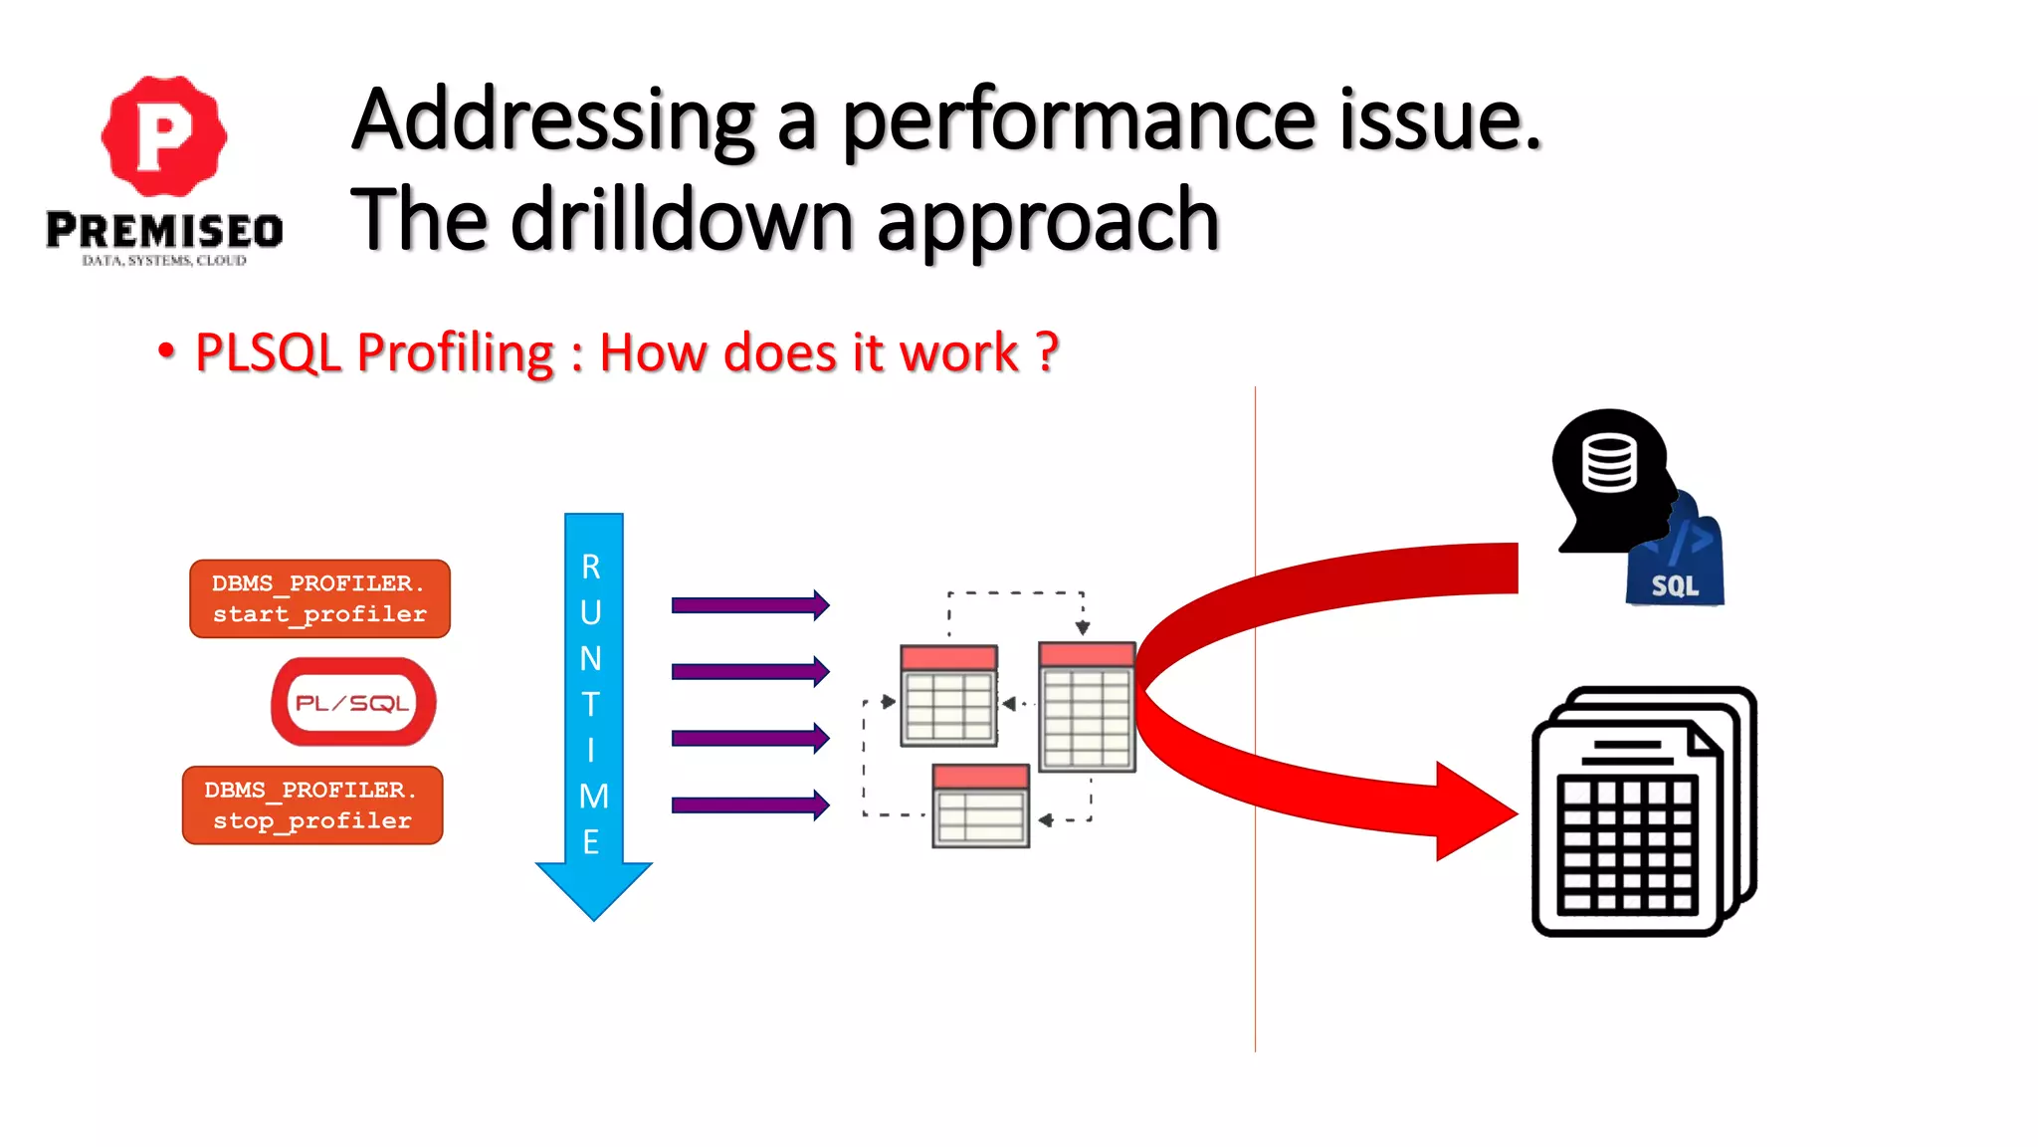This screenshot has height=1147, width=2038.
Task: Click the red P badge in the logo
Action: [x=163, y=135]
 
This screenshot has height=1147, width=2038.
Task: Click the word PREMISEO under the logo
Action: [x=164, y=231]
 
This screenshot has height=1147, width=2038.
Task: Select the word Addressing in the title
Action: [x=553, y=120]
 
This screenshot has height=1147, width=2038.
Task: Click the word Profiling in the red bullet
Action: [x=455, y=352]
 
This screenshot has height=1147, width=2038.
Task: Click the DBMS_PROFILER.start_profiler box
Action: [x=319, y=598]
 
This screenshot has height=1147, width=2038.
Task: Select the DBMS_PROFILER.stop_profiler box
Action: [x=312, y=805]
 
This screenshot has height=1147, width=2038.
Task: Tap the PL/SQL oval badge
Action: [x=353, y=702]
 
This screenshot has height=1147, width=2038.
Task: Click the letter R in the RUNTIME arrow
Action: [x=591, y=567]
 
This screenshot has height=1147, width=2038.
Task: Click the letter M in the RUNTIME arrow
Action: [x=593, y=797]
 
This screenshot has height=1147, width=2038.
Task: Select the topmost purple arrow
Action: [x=749, y=604]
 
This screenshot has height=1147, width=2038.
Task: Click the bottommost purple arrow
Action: [x=749, y=804]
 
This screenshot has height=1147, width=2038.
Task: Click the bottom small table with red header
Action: [x=980, y=805]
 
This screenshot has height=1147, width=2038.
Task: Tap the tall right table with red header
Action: [x=1087, y=707]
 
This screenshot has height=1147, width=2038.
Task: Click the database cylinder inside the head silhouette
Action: [x=1609, y=463]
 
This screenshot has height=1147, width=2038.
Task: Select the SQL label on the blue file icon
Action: [x=1675, y=585]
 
